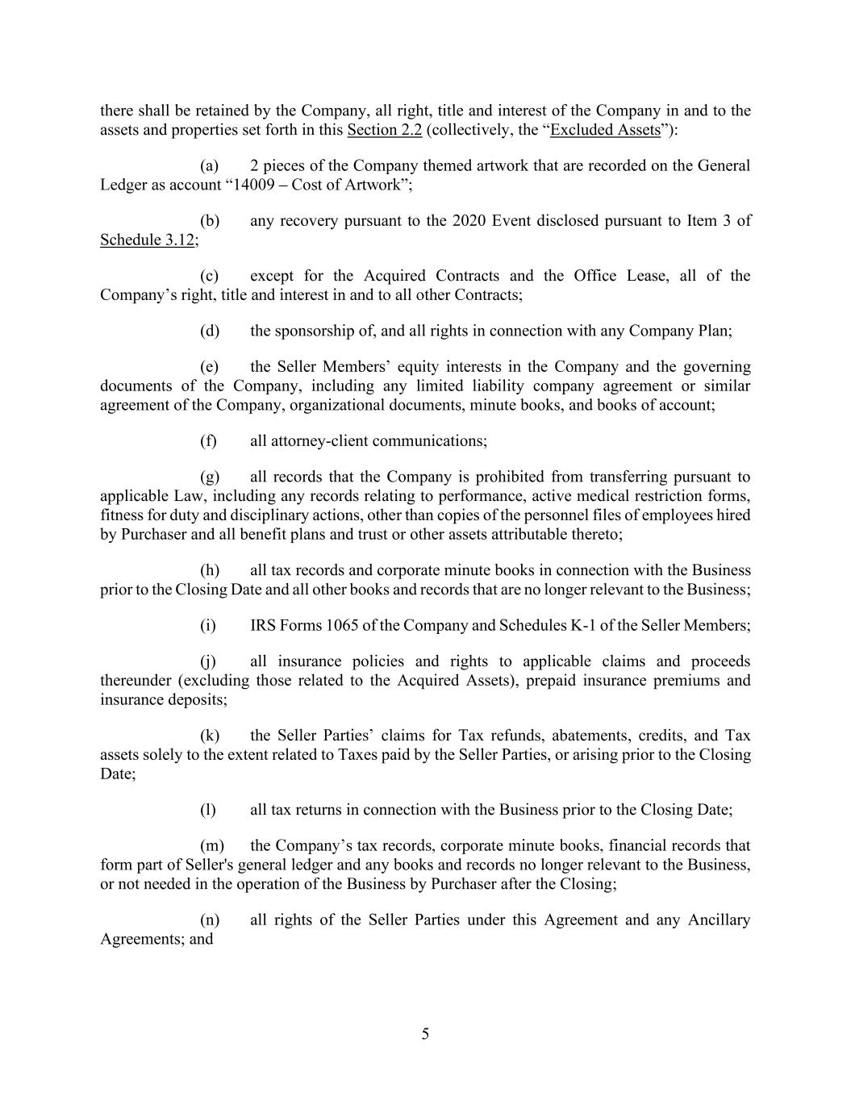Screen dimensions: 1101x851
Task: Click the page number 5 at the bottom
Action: (x=425, y=1035)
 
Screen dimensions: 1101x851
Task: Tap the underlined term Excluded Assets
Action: (x=605, y=130)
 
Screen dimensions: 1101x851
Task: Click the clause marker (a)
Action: (x=210, y=166)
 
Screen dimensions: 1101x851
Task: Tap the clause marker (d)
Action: (x=210, y=332)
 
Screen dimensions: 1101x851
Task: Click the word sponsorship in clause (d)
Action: (x=314, y=332)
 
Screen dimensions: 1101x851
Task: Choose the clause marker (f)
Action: (x=209, y=441)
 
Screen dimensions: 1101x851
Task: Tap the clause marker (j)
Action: (x=209, y=662)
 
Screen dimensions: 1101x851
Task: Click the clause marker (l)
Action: (x=209, y=810)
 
